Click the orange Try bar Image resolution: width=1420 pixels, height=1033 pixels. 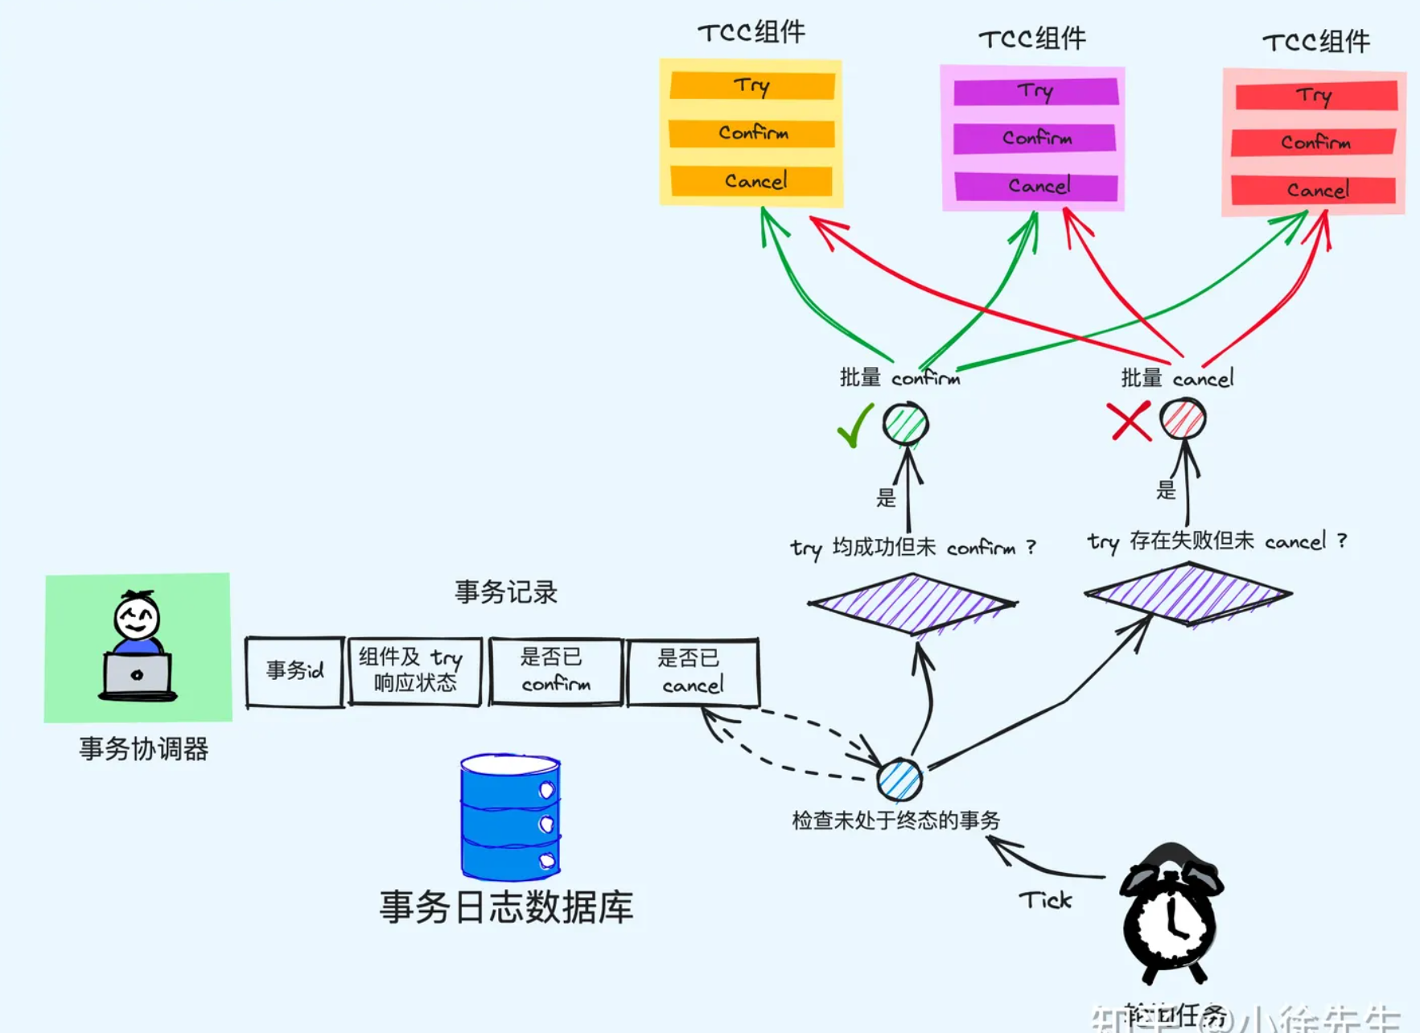[751, 85]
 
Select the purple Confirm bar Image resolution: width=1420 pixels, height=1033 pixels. [1035, 138]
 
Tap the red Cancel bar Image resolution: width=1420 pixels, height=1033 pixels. [1314, 190]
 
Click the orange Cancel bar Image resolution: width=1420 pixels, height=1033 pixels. [751, 181]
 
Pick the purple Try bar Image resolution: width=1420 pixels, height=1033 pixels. [1035, 91]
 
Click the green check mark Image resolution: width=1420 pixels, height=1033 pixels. [854, 426]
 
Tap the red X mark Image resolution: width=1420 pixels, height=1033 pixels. [1130, 421]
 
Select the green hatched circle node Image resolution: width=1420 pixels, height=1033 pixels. [906, 423]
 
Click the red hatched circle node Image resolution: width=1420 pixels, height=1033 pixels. [1183, 418]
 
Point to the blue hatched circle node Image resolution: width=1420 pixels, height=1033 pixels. [899, 779]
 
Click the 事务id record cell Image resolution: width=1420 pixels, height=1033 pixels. [294, 672]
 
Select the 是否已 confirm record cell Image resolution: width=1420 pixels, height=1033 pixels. [555, 671]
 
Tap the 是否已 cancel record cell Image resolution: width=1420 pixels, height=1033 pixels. [692, 672]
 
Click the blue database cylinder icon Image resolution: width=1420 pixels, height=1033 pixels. [510, 817]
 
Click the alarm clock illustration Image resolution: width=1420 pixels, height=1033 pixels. [1171, 913]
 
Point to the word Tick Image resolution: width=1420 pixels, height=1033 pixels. [1045, 899]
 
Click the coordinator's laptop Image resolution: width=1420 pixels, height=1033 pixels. [138, 675]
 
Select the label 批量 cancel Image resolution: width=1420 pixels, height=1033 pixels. [1176, 378]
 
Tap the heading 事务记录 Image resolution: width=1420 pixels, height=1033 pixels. [505, 593]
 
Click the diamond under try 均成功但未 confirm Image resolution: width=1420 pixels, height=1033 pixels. [912, 603]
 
